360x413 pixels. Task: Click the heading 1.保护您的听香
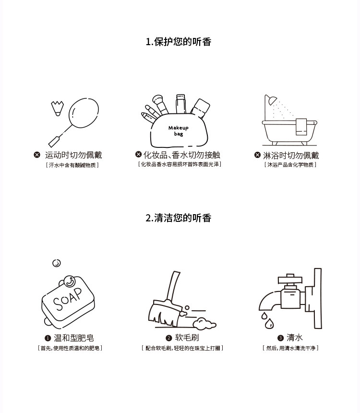(179, 42)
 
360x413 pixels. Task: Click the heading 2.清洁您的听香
(179, 218)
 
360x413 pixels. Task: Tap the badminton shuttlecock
(57, 108)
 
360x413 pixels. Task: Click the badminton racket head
(84, 113)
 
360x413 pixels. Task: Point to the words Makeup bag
(179, 131)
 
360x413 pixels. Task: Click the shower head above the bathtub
(271, 100)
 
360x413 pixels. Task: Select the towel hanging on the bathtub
(301, 127)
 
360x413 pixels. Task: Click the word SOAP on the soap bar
(68, 299)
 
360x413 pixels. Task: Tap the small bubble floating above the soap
(57, 263)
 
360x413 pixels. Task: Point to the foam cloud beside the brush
(204, 324)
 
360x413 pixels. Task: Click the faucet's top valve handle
(290, 279)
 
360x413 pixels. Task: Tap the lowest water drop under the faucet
(269, 324)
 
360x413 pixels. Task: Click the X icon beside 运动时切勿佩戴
(37, 155)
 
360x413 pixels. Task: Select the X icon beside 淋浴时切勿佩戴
(257, 155)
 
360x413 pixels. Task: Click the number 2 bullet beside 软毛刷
(169, 338)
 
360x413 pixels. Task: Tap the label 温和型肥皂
(74, 338)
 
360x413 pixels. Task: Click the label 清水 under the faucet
(295, 338)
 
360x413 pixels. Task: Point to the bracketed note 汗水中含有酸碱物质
(72, 165)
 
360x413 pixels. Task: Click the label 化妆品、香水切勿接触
(182, 155)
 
